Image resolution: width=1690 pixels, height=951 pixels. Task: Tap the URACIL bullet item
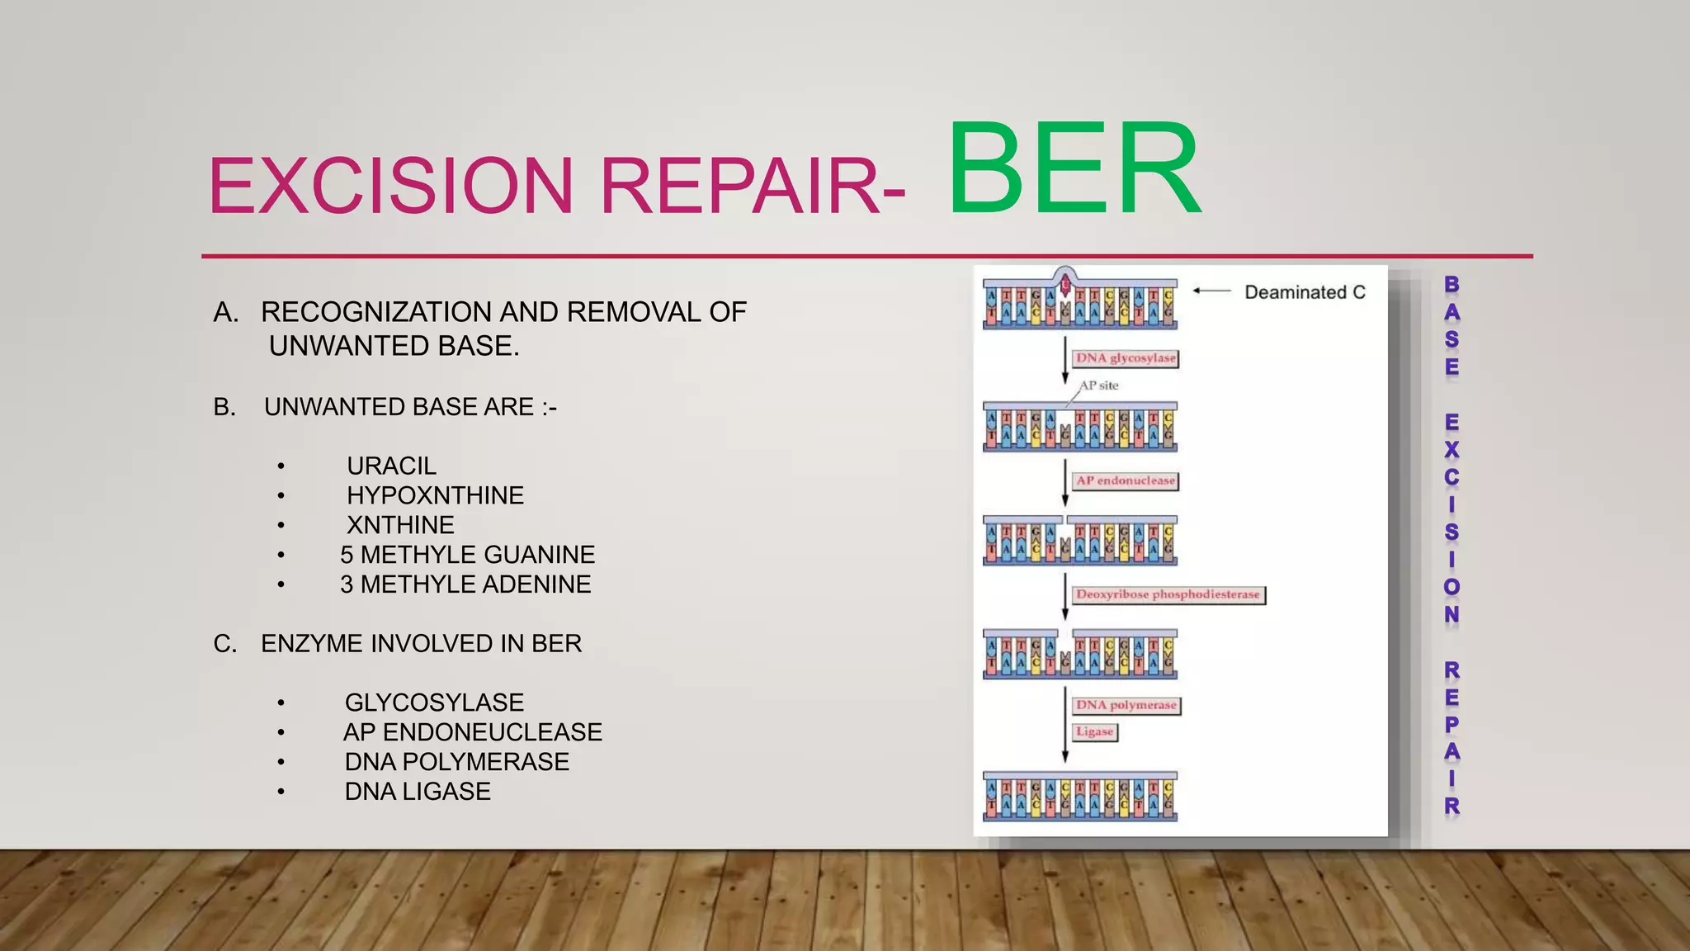point(391,466)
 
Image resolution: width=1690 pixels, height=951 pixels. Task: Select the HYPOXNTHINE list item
point(435,495)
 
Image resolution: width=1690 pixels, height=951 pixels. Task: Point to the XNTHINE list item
point(400,525)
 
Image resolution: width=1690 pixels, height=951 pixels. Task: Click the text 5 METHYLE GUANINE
point(467,555)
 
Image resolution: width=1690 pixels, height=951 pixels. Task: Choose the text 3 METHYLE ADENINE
point(465,584)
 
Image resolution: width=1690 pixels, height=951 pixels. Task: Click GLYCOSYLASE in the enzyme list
point(434,703)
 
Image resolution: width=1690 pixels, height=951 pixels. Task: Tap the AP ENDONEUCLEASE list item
point(472,732)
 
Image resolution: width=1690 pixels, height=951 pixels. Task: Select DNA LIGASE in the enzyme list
point(418,792)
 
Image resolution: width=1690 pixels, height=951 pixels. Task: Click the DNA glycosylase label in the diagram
point(1126,358)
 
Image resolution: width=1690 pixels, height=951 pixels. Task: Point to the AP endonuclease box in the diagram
point(1126,480)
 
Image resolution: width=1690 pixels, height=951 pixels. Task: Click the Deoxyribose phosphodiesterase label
point(1168,594)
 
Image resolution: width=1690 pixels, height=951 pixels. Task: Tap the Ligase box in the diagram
point(1095,732)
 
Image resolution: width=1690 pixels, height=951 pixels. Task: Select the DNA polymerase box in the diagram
point(1126,705)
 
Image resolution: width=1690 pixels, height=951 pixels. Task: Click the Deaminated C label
point(1305,292)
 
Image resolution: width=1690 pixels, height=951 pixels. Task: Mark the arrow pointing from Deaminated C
point(1212,291)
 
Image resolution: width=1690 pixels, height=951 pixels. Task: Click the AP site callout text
point(1099,386)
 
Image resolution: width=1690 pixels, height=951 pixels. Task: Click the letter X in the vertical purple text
point(1452,450)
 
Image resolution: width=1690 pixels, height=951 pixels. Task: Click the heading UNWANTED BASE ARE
point(410,407)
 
